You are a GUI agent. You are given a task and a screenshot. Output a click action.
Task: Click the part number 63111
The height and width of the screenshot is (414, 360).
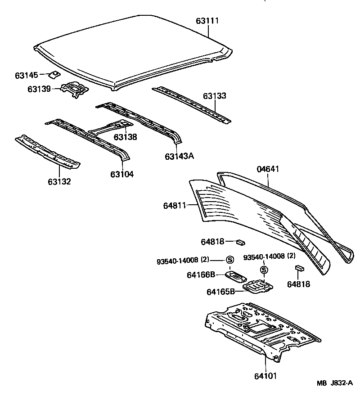coord(208,21)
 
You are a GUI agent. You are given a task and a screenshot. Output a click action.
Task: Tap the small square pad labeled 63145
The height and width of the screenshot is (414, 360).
coord(54,74)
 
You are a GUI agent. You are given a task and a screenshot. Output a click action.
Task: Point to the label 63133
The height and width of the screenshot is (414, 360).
coord(214,96)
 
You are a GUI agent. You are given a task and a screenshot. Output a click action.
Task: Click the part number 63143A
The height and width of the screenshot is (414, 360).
coord(179,156)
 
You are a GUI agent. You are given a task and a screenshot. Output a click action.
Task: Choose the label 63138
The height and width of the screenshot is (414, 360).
coord(125,137)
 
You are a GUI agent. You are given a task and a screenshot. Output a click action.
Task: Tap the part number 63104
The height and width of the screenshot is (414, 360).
coord(121,174)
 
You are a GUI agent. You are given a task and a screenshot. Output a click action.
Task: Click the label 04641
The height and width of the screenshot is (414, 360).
coord(268,169)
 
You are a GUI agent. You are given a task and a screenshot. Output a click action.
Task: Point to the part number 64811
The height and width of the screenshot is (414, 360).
coord(175,206)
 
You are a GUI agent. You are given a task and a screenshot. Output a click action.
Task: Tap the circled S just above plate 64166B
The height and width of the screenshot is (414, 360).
coord(229,260)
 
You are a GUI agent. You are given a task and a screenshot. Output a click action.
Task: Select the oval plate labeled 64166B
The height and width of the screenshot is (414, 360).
coord(236,274)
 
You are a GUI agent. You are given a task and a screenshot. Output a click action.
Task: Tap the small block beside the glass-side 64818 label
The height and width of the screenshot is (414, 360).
coord(241,242)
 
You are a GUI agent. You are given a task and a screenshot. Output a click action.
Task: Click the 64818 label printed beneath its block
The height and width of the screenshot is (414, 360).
coord(298,284)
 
